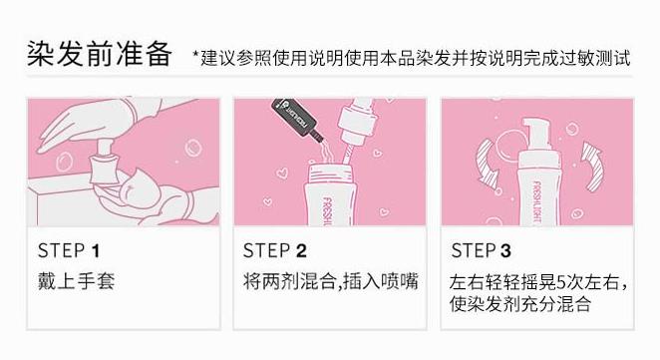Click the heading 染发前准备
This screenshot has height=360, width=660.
tap(100, 54)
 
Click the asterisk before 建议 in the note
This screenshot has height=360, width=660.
tap(195, 54)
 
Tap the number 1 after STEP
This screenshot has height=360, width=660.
tap(96, 251)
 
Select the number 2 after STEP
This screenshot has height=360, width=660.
tap(301, 250)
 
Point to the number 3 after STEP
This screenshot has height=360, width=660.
tap(505, 250)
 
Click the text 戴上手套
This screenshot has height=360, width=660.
tap(76, 281)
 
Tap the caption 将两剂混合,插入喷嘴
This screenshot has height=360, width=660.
tap(330, 281)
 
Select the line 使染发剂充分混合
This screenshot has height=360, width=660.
tap(519, 303)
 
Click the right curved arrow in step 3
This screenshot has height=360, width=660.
tap(592, 167)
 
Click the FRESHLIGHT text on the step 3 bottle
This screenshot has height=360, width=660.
tap(537, 202)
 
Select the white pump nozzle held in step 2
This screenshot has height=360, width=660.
tap(357, 122)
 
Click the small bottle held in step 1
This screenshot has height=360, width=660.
tap(104, 163)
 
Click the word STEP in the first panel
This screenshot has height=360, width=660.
tap(62, 251)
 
